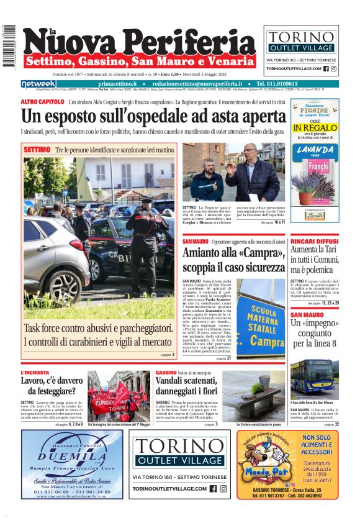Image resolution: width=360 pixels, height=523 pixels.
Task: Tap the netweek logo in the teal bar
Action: [x=38, y=84]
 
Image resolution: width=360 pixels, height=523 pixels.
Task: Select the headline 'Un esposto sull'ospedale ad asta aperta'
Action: [x=145, y=116]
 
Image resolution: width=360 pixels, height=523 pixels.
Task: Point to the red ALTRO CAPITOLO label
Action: [x=42, y=101]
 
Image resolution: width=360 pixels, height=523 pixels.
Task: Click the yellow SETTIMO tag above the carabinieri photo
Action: [x=37, y=150]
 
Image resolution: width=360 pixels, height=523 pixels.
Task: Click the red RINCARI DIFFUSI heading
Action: [x=314, y=240]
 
